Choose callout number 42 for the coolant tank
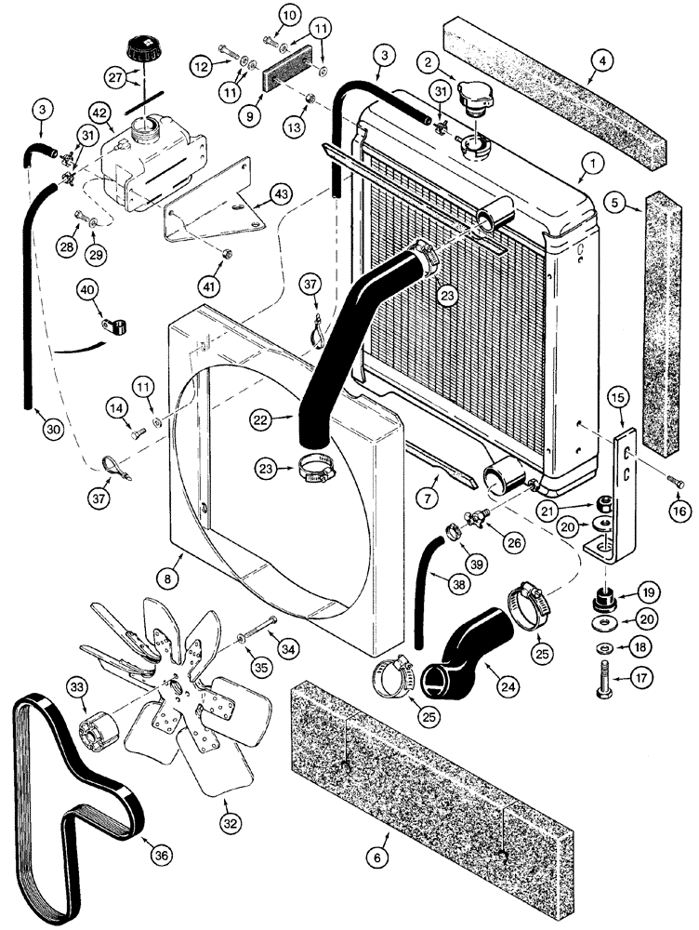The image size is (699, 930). pos(98,110)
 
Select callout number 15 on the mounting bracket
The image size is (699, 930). pos(619,399)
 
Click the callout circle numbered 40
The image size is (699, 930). pos(87,291)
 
